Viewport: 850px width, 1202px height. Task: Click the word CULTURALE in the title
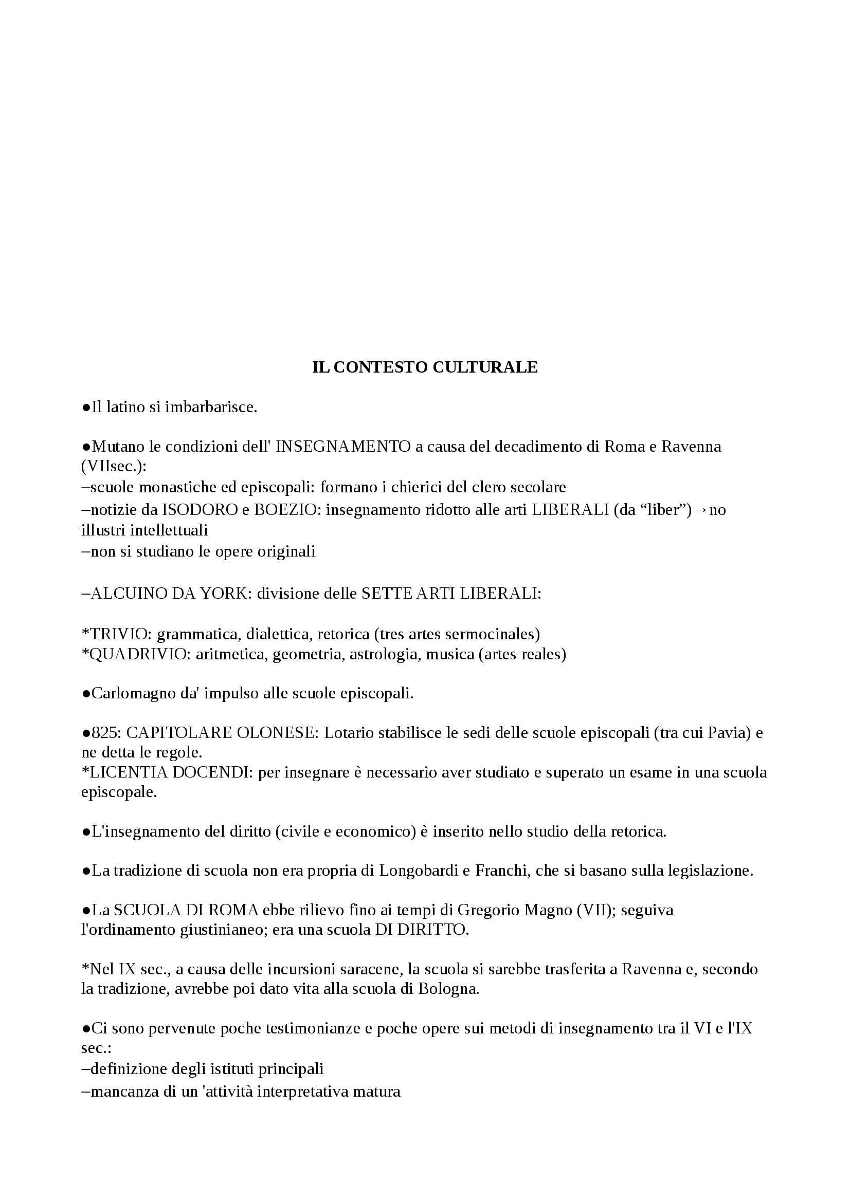485,367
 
